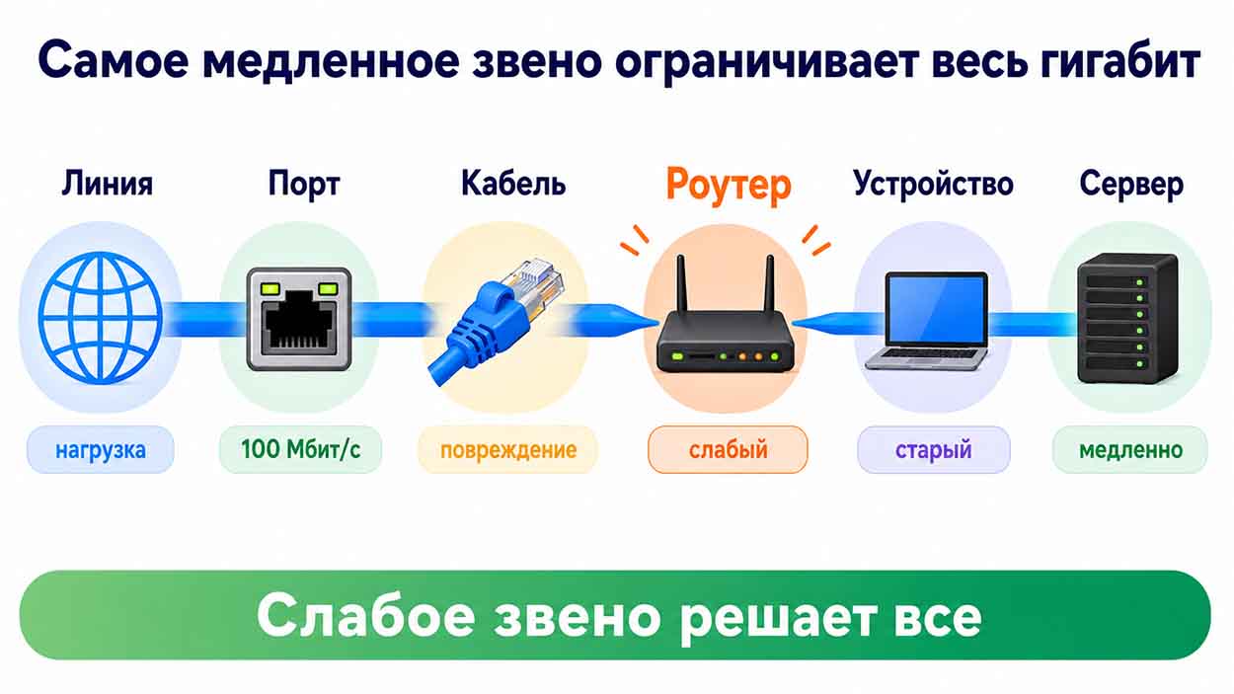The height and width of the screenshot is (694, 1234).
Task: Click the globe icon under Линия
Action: (x=101, y=318)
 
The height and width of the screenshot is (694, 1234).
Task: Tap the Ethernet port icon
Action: (x=299, y=319)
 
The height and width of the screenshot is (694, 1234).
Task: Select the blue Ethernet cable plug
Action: (x=496, y=321)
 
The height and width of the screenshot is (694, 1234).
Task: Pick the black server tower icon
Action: (x=1128, y=318)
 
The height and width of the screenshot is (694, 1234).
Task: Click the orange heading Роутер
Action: (x=729, y=185)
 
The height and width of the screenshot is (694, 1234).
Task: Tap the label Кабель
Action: (x=513, y=183)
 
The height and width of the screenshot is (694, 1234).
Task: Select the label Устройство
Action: (x=933, y=184)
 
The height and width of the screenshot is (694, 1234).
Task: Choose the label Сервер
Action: (x=1131, y=184)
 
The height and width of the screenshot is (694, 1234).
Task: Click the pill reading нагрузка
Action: (x=101, y=449)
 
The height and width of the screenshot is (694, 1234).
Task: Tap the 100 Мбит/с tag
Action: (x=300, y=449)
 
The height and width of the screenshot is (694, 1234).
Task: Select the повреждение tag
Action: (x=508, y=449)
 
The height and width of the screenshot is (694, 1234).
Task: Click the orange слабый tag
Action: (x=728, y=449)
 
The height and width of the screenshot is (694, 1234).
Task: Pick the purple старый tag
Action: (x=934, y=449)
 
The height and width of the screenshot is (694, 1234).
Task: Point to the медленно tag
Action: (x=1130, y=449)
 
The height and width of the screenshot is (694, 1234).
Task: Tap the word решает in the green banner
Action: (x=777, y=618)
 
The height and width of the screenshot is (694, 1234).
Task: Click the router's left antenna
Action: (x=681, y=284)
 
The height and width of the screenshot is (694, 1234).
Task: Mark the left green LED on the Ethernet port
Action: (x=270, y=288)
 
